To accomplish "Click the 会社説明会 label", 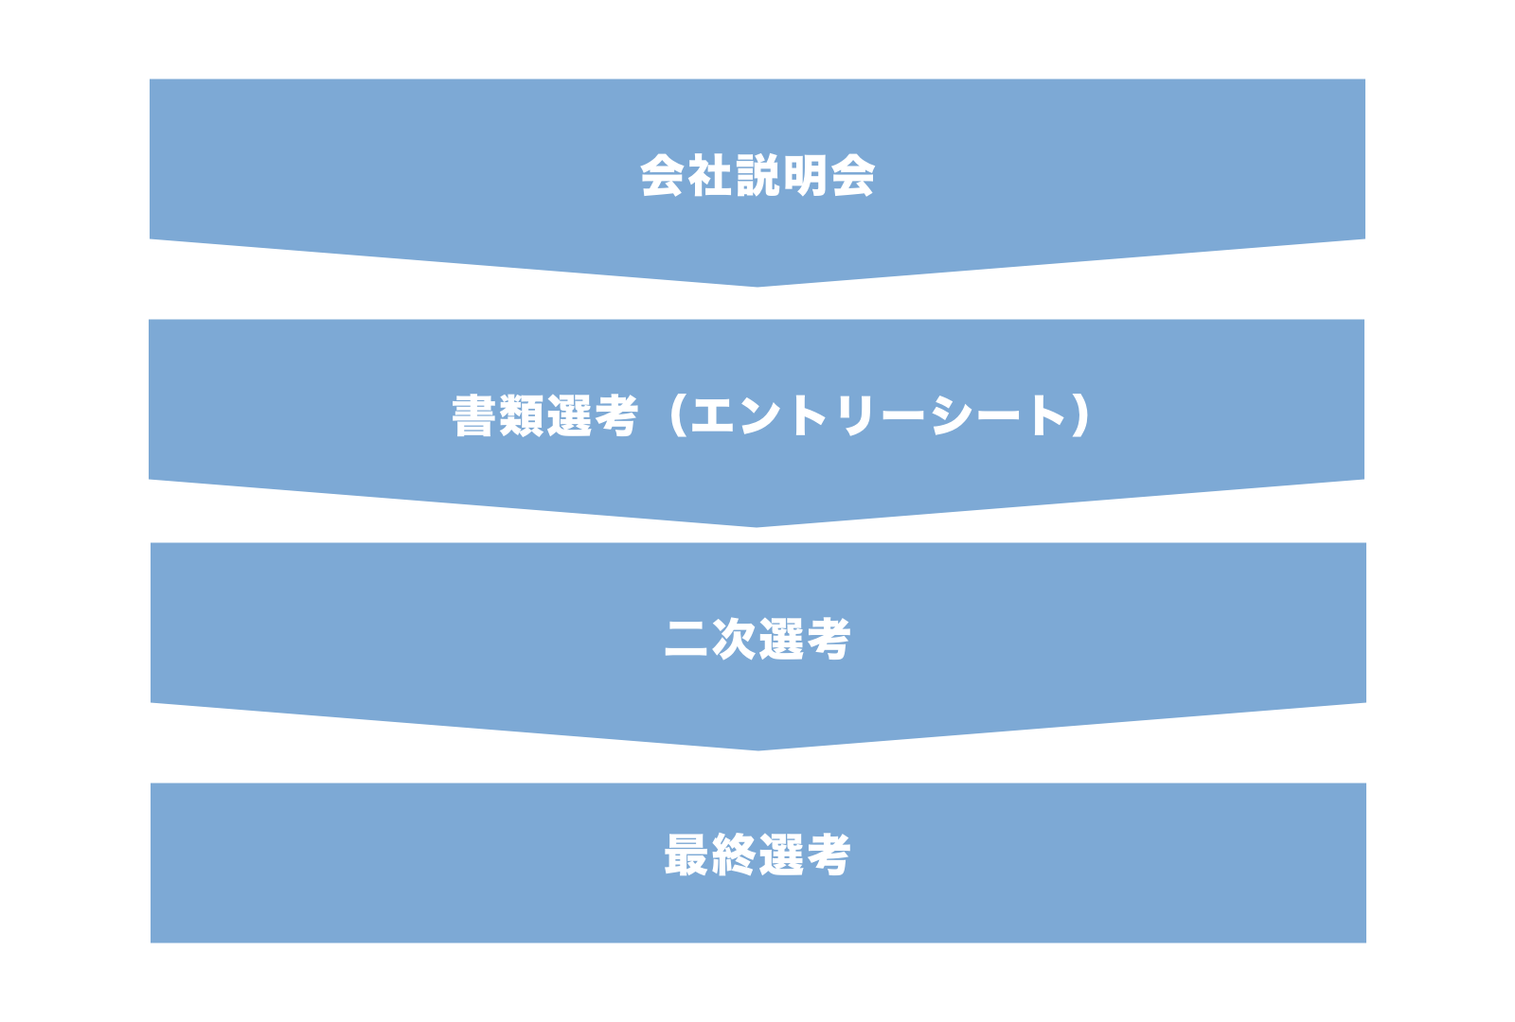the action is [757, 176].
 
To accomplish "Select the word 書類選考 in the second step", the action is [545, 416].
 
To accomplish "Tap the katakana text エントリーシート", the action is [879, 416].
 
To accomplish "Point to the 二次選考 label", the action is [757, 639].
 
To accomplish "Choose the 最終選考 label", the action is [757, 855].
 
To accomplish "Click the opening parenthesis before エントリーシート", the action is [677, 416].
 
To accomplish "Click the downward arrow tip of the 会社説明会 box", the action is [757, 287].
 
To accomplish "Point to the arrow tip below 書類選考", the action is [757, 527].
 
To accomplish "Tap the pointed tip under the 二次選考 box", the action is [758, 750].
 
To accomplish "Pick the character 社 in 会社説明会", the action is [710, 176].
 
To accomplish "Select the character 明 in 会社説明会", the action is [805, 176].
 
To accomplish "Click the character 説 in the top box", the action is [757, 176].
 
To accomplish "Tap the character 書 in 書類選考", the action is [474, 416].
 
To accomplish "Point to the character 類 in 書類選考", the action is [522, 416].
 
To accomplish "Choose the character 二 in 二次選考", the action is [686, 639].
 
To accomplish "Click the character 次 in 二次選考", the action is [734, 639].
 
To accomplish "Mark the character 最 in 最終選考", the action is [686, 855].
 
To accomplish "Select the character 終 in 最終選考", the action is [734, 855].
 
